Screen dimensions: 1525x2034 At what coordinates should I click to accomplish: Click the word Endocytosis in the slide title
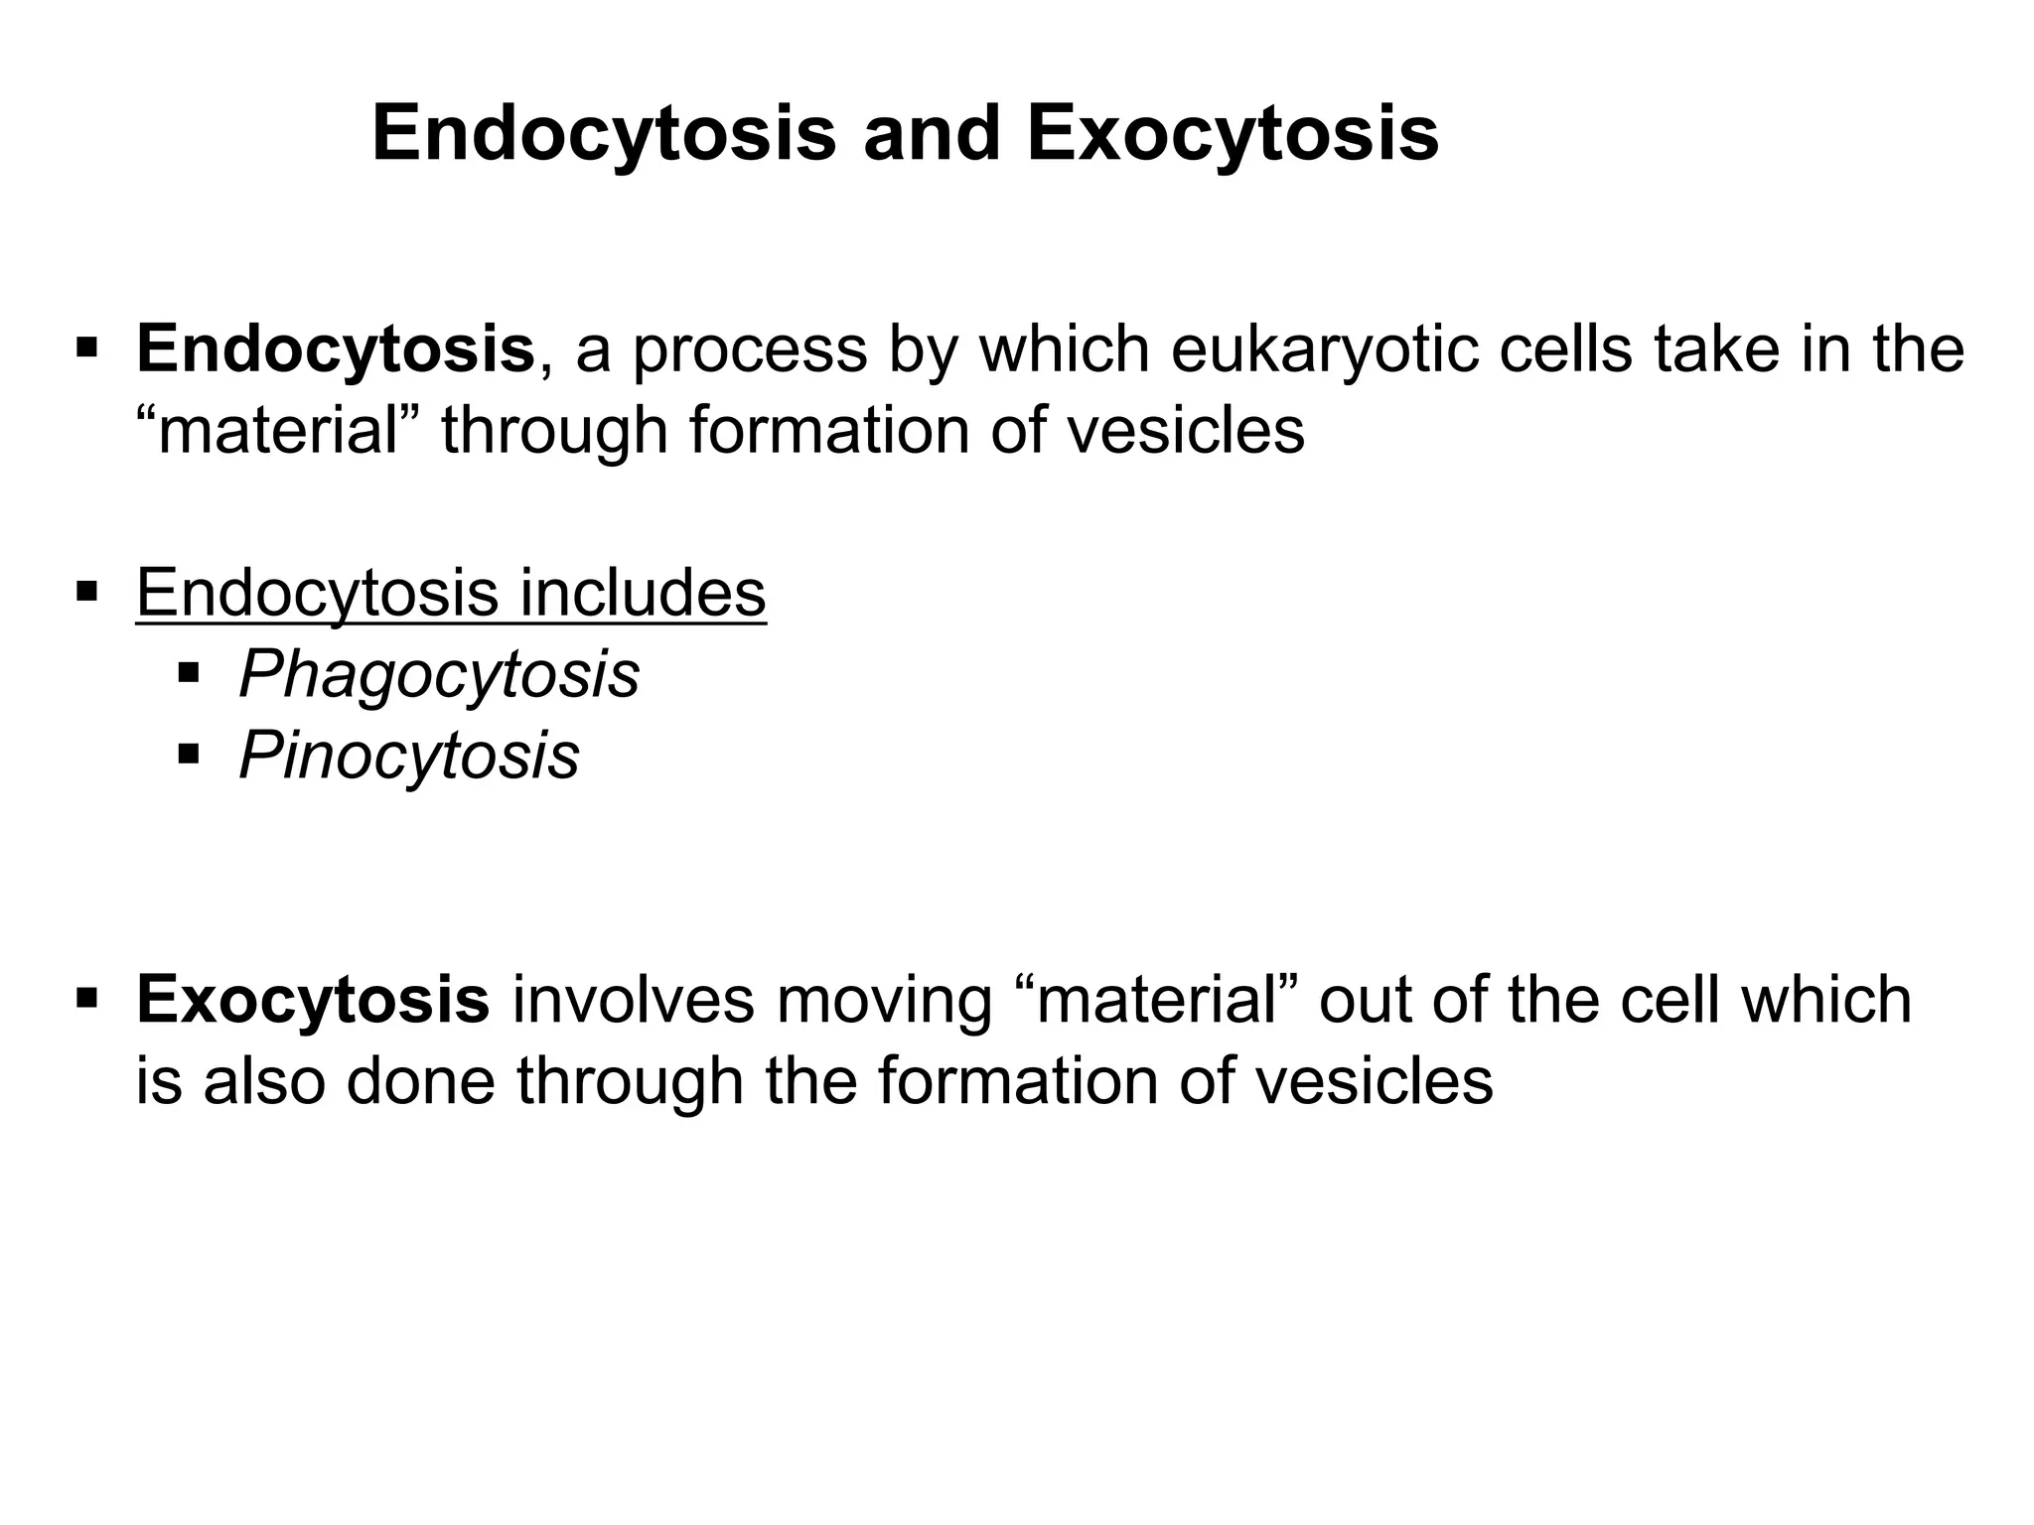click(x=604, y=136)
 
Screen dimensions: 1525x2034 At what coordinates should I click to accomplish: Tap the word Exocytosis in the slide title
click(x=1233, y=136)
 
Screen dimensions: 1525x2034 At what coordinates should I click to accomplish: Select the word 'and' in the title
click(x=931, y=136)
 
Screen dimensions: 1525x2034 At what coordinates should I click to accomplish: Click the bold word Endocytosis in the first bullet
click(x=336, y=350)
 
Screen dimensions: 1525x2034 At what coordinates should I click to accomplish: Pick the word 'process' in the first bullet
click(x=750, y=350)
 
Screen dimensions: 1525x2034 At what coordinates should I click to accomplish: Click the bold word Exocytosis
click(x=313, y=1000)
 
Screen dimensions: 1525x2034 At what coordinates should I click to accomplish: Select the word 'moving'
click(x=884, y=1000)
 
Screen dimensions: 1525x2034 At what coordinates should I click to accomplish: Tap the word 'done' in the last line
click(x=430, y=1081)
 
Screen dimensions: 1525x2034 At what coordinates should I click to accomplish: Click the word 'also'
click(x=264, y=1081)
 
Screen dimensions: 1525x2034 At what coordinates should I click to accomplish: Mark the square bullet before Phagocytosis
click(x=188, y=675)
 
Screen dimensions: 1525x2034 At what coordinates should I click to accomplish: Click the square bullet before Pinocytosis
click(x=188, y=757)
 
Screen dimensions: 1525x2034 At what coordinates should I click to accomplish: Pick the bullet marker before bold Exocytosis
click(x=86, y=997)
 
